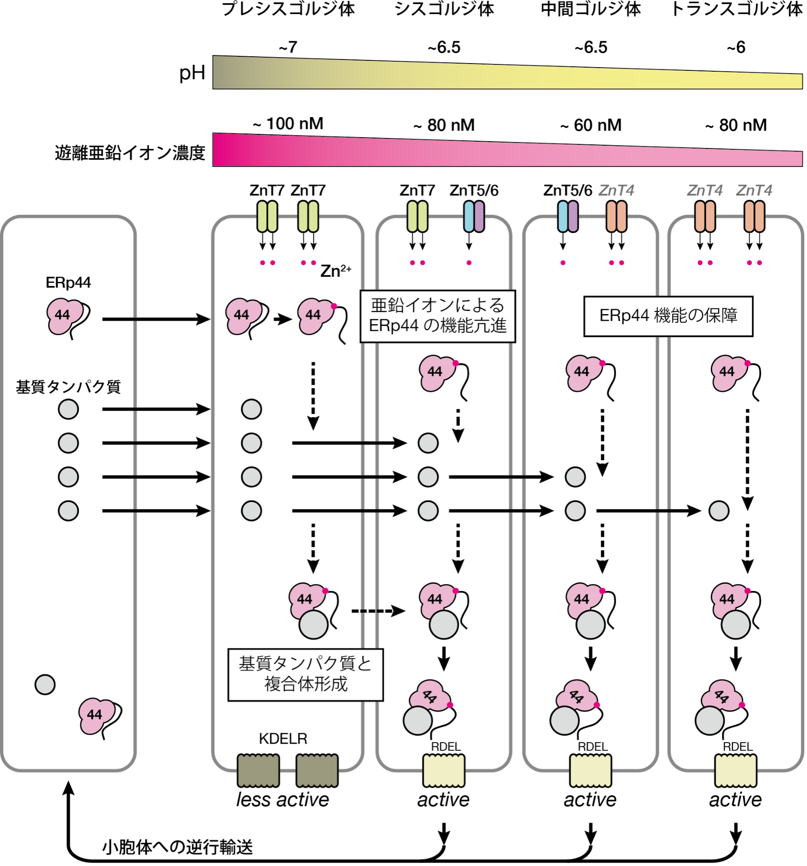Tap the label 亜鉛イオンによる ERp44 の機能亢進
[x=437, y=316]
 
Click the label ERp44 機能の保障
[x=668, y=316]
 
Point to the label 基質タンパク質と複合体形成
[x=305, y=674]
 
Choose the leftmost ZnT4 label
[x=616, y=191]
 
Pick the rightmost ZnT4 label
[x=753, y=191]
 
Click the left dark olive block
[x=258, y=770]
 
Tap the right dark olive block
[x=317, y=770]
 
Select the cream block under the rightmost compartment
[x=735, y=770]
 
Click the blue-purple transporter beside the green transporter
[x=474, y=216]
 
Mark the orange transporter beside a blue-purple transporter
[x=616, y=216]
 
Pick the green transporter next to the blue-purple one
[x=417, y=216]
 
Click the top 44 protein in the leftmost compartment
[x=64, y=315]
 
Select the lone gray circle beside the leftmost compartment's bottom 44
[x=45, y=684]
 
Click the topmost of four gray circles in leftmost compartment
[x=68, y=409]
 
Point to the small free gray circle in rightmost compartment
[x=719, y=511]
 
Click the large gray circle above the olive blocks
[x=313, y=625]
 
